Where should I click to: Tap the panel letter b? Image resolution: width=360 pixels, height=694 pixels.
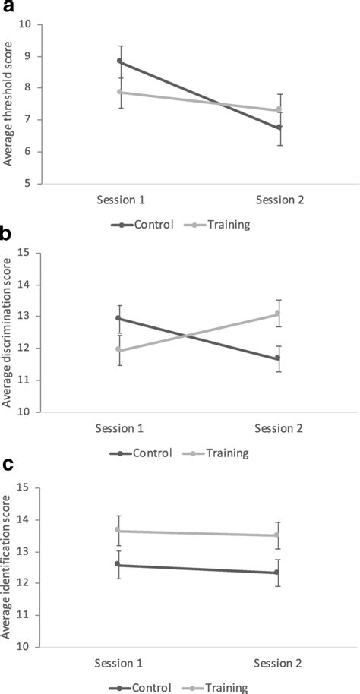(6, 235)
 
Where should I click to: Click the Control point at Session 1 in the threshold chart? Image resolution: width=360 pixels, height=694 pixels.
(119, 61)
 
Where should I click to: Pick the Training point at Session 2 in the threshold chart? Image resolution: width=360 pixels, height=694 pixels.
(279, 110)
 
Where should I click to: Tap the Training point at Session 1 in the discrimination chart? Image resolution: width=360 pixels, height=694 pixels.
(119, 349)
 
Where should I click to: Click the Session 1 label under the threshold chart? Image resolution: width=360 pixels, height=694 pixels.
(119, 200)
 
